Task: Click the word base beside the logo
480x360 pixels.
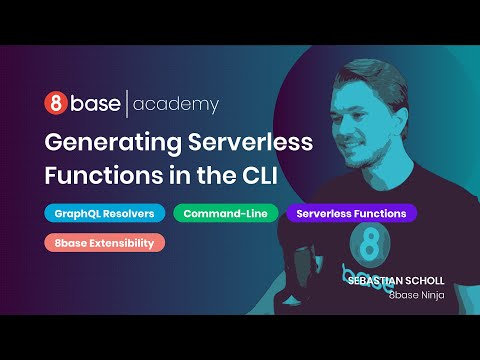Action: click(93, 103)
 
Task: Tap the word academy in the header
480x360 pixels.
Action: click(175, 104)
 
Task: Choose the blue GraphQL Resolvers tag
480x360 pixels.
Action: click(104, 213)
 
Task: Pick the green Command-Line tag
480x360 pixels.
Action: click(226, 213)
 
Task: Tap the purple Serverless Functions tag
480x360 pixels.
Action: click(351, 213)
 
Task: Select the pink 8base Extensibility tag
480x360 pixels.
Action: click(104, 242)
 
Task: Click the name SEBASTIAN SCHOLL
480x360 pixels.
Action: click(395, 281)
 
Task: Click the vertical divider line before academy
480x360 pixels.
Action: click(125, 103)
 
